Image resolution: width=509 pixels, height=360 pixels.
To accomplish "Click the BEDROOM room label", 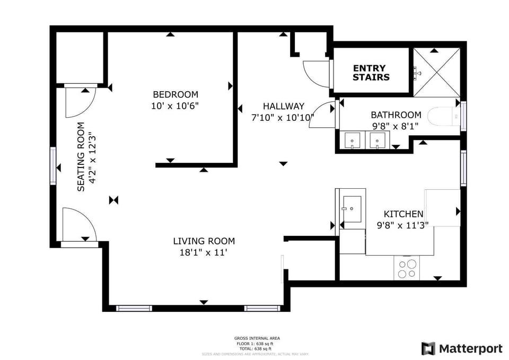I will coord(175,94).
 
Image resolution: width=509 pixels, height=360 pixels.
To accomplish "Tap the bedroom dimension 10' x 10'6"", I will coord(175,106).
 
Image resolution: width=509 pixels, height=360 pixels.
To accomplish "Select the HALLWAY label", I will coord(284,106).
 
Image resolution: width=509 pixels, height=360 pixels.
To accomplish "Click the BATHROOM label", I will coord(396,115).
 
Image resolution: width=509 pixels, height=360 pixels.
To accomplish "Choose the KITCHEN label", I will coord(403,214).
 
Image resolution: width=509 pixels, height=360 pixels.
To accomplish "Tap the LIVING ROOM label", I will coord(204,241).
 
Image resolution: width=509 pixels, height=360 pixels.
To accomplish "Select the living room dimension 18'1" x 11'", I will coord(204,253).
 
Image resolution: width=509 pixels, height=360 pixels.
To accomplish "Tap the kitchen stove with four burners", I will coord(407,268).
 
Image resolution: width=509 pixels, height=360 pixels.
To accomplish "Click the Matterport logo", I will coord(462,348).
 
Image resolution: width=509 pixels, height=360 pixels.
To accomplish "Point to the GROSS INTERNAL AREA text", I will coord(257,338).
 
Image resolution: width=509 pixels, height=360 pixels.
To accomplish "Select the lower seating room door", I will coord(78,225).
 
